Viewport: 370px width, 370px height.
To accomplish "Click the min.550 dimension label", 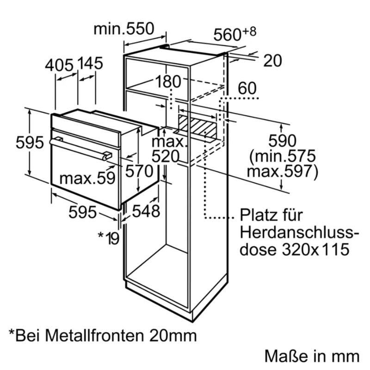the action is pos(123,29).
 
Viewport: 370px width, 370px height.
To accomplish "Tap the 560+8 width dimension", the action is pos(234,34).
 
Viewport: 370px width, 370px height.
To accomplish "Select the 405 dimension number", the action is pos(59,65).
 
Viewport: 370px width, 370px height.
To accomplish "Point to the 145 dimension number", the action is pos(90,63).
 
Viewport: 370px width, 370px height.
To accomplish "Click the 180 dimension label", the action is pos(168,81).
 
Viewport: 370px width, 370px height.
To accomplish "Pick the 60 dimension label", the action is pos(247,88).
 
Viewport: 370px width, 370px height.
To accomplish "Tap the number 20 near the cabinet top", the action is pos(272,61).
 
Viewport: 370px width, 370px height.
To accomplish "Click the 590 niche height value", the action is pos(282,141).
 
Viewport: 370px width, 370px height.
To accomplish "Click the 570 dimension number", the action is pos(139,171).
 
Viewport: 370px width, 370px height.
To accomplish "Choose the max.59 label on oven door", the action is pos(87,178).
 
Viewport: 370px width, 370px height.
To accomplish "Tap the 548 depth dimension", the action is pos(146,211).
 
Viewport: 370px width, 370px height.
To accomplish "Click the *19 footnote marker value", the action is pos(108,238).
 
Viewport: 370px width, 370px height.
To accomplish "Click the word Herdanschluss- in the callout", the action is pos(299,232).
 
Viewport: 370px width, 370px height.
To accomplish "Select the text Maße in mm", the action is pos(312,356).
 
